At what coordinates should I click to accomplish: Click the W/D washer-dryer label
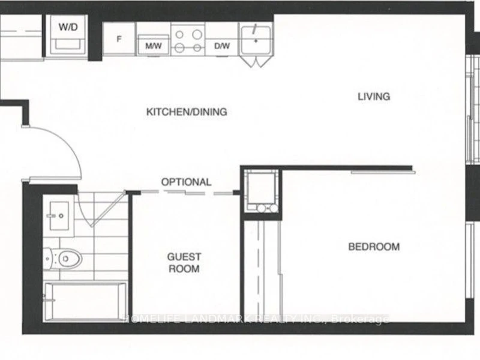coord(68,27)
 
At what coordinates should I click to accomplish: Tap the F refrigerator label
coord(119,39)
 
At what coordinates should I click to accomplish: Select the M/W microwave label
coord(154,46)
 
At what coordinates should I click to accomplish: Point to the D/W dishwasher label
coord(222,46)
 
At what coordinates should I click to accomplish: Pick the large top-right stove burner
coord(197,34)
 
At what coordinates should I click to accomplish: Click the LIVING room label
coord(374,97)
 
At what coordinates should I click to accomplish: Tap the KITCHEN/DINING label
coord(187,112)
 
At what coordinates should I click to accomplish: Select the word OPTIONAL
coord(186,182)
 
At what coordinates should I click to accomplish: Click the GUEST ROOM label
coord(184,263)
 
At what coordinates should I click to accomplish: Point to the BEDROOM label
coord(374,247)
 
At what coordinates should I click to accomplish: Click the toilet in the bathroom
coord(63,259)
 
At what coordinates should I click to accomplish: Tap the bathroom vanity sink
coord(59,216)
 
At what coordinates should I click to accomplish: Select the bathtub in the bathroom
coord(85,302)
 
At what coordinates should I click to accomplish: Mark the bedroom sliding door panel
coord(383,172)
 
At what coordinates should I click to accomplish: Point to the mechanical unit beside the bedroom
coord(262,191)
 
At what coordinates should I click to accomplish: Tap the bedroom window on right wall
coord(469,260)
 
